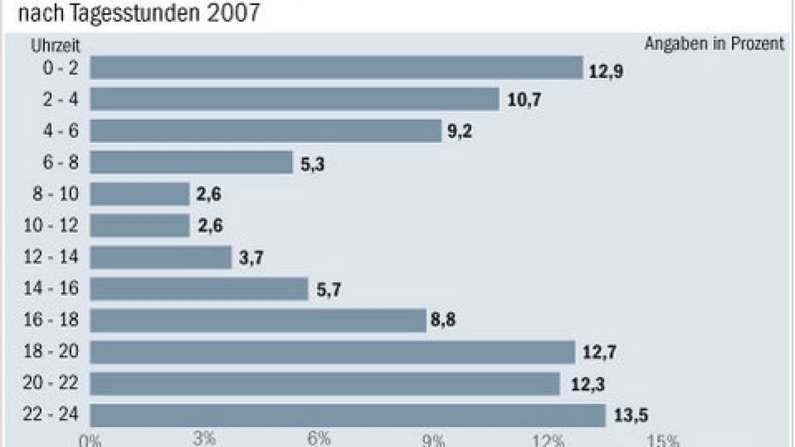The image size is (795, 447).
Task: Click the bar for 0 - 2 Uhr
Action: point(336,68)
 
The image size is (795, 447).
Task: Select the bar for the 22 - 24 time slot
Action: point(348,415)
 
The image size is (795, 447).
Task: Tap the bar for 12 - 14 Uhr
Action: point(160,258)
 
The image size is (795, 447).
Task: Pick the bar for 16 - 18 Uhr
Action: point(258,321)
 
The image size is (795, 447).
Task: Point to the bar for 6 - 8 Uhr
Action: point(191,162)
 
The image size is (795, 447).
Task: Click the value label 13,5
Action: point(631,416)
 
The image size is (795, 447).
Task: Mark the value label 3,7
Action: point(250,258)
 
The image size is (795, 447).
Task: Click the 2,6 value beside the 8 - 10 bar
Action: point(209,195)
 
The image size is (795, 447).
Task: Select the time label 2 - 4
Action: point(60,99)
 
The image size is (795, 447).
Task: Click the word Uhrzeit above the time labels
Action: point(55,46)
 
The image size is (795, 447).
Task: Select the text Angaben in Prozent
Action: point(714,44)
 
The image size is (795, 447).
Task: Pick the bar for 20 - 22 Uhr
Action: point(325,383)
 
